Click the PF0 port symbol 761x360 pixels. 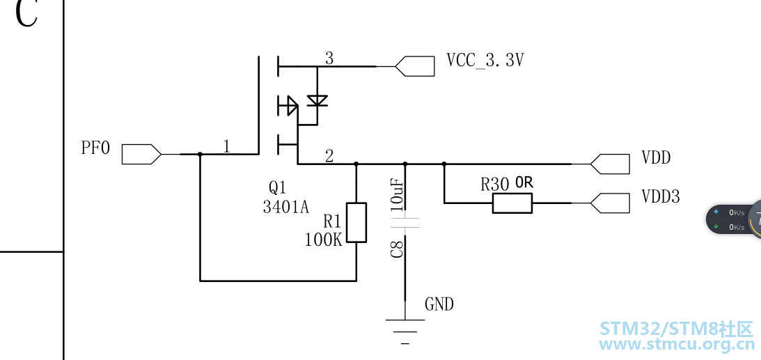point(141,155)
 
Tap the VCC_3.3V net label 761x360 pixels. point(485,60)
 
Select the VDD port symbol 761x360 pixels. point(610,164)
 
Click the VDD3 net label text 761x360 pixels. point(661,196)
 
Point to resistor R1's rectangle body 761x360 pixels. point(356,223)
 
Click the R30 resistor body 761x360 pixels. point(512,203)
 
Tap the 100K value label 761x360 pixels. point(324,240)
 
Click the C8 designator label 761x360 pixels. point(397,249)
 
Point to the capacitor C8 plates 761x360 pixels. point(405,223)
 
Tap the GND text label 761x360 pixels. point(439,304)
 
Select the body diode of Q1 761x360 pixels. point(317,100)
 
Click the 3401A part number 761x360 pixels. point(286,208)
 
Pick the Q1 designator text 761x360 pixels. point(278,187)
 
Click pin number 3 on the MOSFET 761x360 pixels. point(329,58)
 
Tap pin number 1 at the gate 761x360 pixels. point(227,146)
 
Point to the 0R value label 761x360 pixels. point(524,183)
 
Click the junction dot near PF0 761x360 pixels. point(200,155)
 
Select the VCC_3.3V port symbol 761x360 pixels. point(415,66)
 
